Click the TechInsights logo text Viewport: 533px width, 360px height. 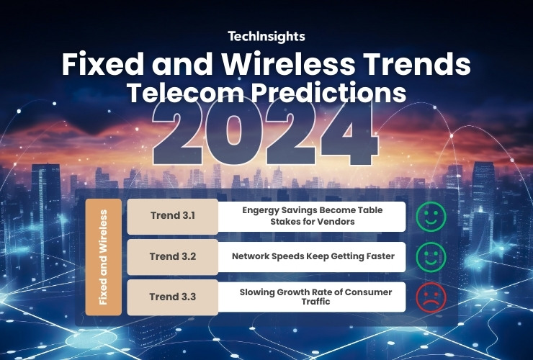[x=266, y=37]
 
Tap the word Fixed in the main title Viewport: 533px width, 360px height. [x=103, y=64]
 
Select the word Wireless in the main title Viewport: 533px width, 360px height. [x=288, y=64]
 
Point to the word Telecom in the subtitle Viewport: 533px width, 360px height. [x=186, y=92]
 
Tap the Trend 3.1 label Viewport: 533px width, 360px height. [x=173, y=215]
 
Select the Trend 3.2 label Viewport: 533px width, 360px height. [x=173, y=256]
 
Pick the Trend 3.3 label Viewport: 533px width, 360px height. [x=173, y=297]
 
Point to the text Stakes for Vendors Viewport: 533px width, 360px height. [x=313, y=222]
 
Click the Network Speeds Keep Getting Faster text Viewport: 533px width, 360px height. [x=313, y=256]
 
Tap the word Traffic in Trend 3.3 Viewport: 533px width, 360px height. [x=315, y=302]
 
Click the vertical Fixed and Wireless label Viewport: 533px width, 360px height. [x=103, y=257]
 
